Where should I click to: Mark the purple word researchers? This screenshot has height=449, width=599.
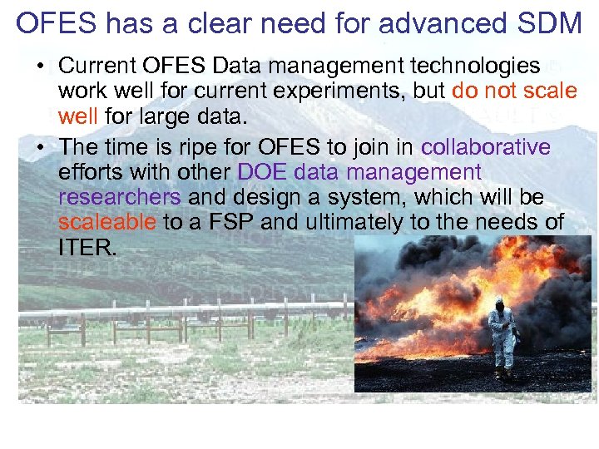pyautogui.click(x=120, y=197)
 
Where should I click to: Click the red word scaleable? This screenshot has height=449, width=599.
pyautogui.click(x=107, y=222)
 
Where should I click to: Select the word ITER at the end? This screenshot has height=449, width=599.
pyautogui.click(x=87, y=247)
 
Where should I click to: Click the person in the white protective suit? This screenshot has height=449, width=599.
pyautogui.click(x=501, y=333)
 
